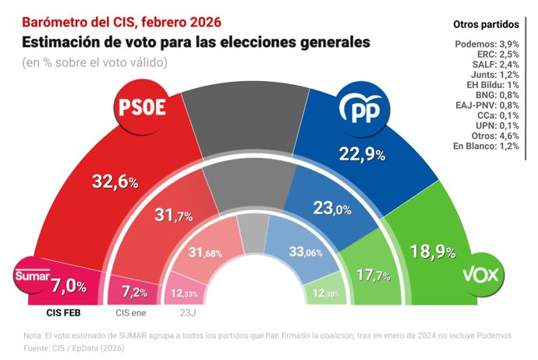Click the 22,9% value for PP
(x=362, y=154)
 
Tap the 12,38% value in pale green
(x=324, y=292)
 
